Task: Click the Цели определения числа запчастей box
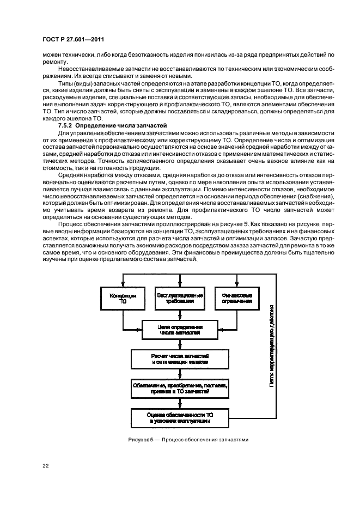point(180,329)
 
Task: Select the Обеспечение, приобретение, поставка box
point(180,388)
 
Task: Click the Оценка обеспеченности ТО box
point(180,418)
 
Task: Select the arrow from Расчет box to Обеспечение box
point(180,373)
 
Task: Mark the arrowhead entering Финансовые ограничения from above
point(236,284)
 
